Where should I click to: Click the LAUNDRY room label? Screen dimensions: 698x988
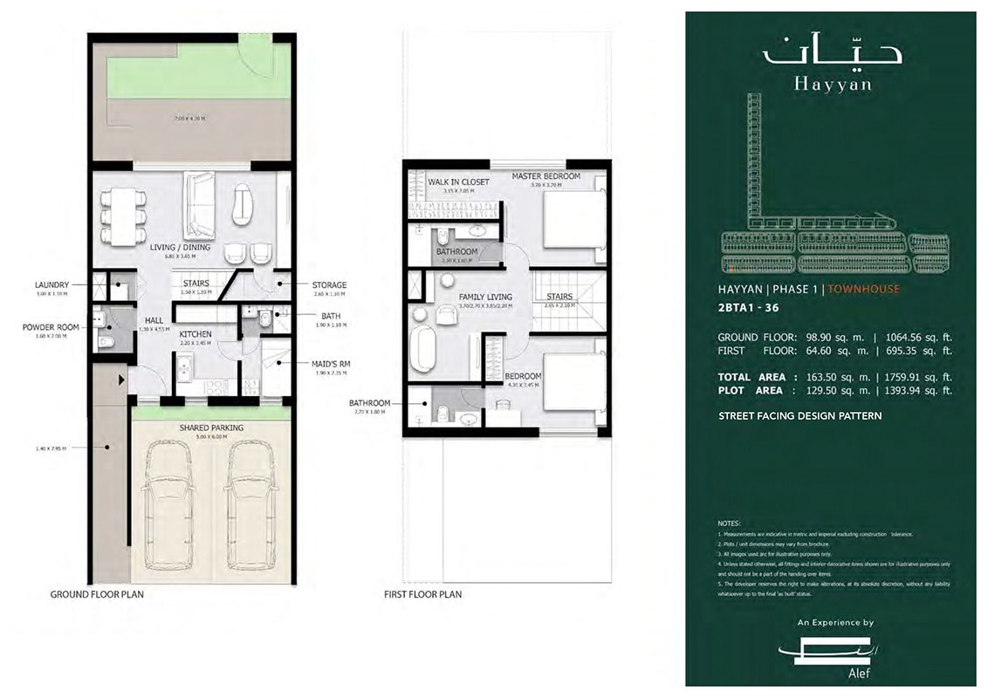tap(51, 284)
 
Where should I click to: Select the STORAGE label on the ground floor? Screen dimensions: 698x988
tap(329, 284)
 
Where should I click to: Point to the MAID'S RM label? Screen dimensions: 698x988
tap(331, 363)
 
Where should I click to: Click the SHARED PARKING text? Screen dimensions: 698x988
tap(211, 428)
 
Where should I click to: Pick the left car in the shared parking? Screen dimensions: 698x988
tap(168, 505)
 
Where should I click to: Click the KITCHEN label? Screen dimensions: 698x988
tap(196, 334)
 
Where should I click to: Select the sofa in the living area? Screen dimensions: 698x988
tap(199, 205)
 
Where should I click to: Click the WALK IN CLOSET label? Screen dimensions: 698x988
tap(458, 181)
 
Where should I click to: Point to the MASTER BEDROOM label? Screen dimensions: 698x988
tap(545, 176)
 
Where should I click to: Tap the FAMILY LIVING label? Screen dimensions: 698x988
tap(485, 297)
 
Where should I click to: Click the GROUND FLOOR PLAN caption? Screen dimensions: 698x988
tap(97, 594)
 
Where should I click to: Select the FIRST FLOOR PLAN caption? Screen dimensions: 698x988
tap(422, 594)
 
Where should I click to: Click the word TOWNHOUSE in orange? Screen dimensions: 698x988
tap(863, 289)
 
